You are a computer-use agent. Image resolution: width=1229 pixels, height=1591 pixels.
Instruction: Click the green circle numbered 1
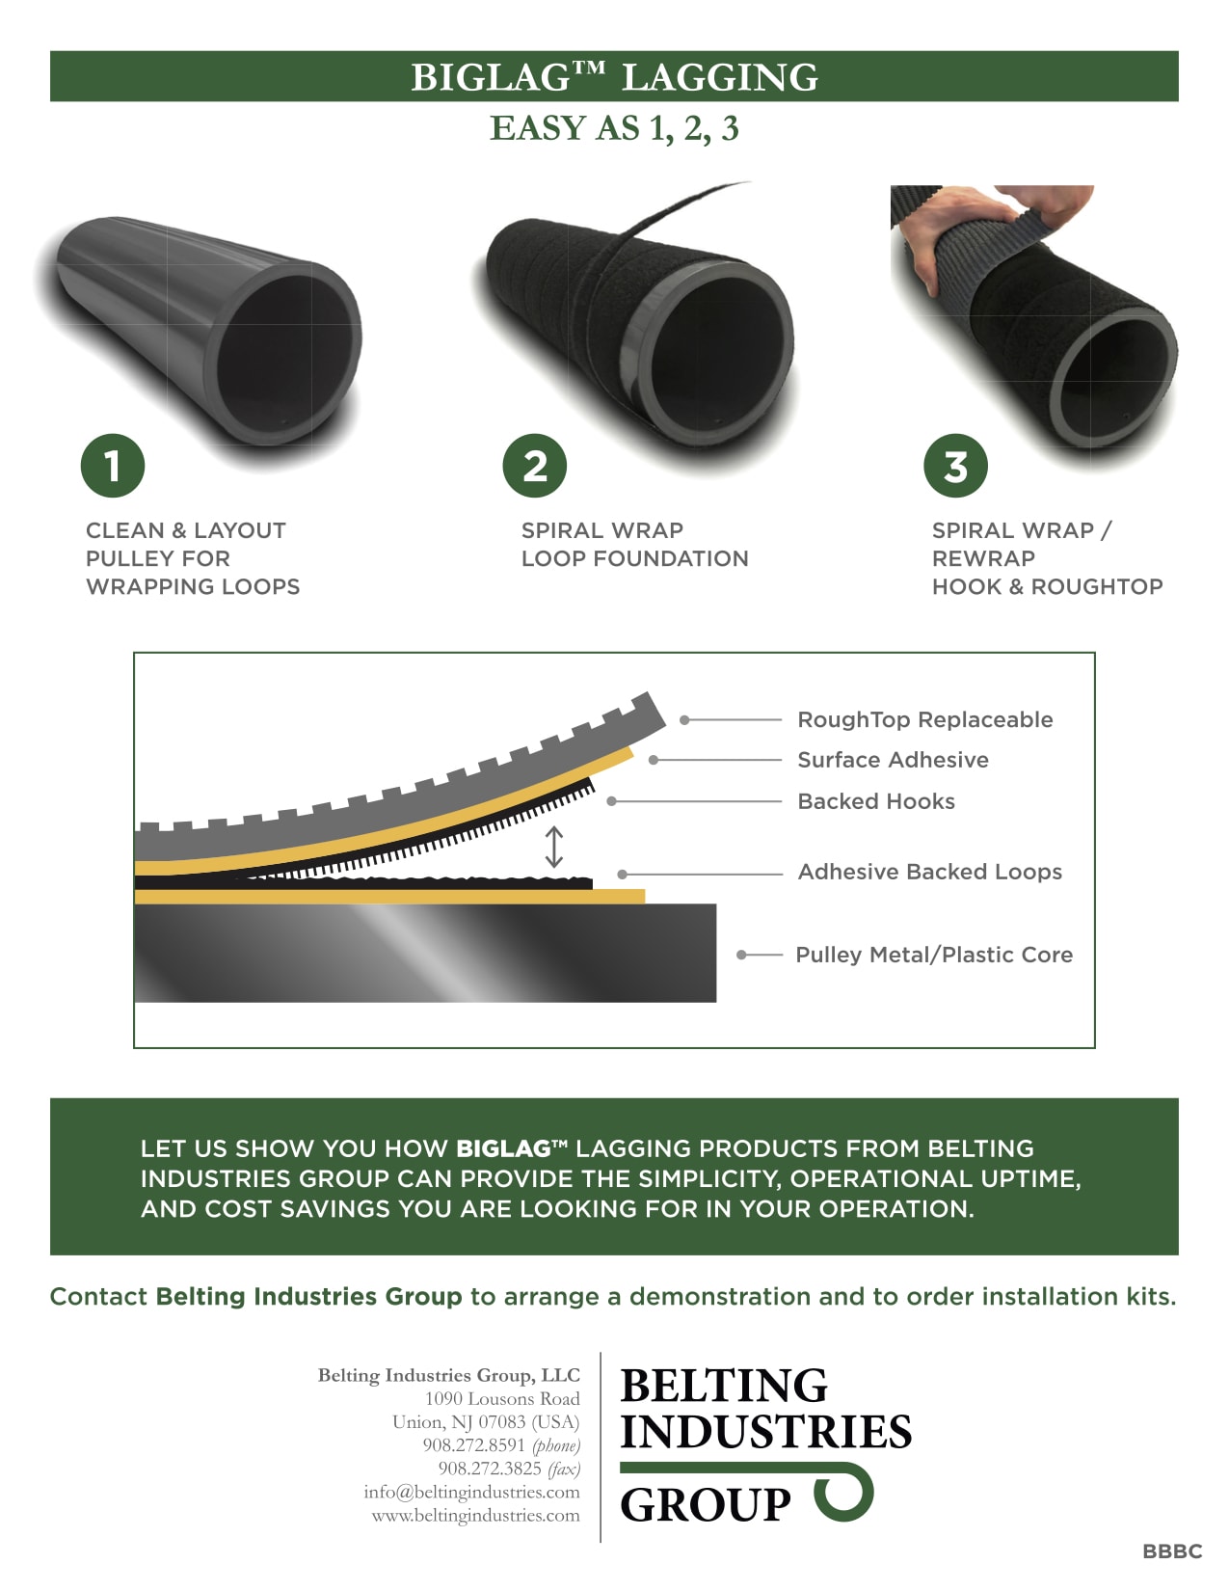tap(113, 466)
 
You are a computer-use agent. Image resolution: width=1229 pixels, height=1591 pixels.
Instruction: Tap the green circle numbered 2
tap(535, 466)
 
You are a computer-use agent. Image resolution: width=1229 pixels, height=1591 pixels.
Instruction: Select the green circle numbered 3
tap(955, 466)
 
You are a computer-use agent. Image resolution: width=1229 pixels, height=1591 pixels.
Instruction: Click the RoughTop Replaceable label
tap(924, 719)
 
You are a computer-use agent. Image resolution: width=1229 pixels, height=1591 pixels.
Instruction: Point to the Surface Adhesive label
tap(893, 760)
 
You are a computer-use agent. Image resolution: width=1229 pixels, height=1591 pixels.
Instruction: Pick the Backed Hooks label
tap(876, 801)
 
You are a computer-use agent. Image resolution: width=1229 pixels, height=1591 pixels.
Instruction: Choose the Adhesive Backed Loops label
tap(929, 872)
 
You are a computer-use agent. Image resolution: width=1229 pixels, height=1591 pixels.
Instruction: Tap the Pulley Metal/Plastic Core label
tap(933, 955)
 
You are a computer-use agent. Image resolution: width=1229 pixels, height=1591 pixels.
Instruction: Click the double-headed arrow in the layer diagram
tap(554, 847)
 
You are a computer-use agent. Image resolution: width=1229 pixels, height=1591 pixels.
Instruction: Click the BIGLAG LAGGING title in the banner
tap(614, 77)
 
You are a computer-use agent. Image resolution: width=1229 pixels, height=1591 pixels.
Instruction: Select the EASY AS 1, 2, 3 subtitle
tap(614, 128)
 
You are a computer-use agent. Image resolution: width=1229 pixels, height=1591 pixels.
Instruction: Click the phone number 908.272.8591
tap(473, 1445)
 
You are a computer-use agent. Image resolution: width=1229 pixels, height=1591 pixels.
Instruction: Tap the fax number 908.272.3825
tap(490, 1469)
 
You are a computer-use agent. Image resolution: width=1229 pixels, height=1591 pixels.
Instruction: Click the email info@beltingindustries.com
tap(471, 1492)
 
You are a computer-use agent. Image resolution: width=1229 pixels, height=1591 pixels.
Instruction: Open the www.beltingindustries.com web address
tap(475, 1515)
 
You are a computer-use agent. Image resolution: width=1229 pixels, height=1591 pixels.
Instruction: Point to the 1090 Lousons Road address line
tap(502, 1398)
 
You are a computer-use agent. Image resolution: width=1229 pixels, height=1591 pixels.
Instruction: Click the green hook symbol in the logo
tap(844, 1491)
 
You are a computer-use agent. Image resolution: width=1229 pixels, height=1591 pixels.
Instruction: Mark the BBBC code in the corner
tap(1172, 1551)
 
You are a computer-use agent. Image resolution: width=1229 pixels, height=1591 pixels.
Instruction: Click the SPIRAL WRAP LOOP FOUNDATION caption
tap(634, 544)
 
